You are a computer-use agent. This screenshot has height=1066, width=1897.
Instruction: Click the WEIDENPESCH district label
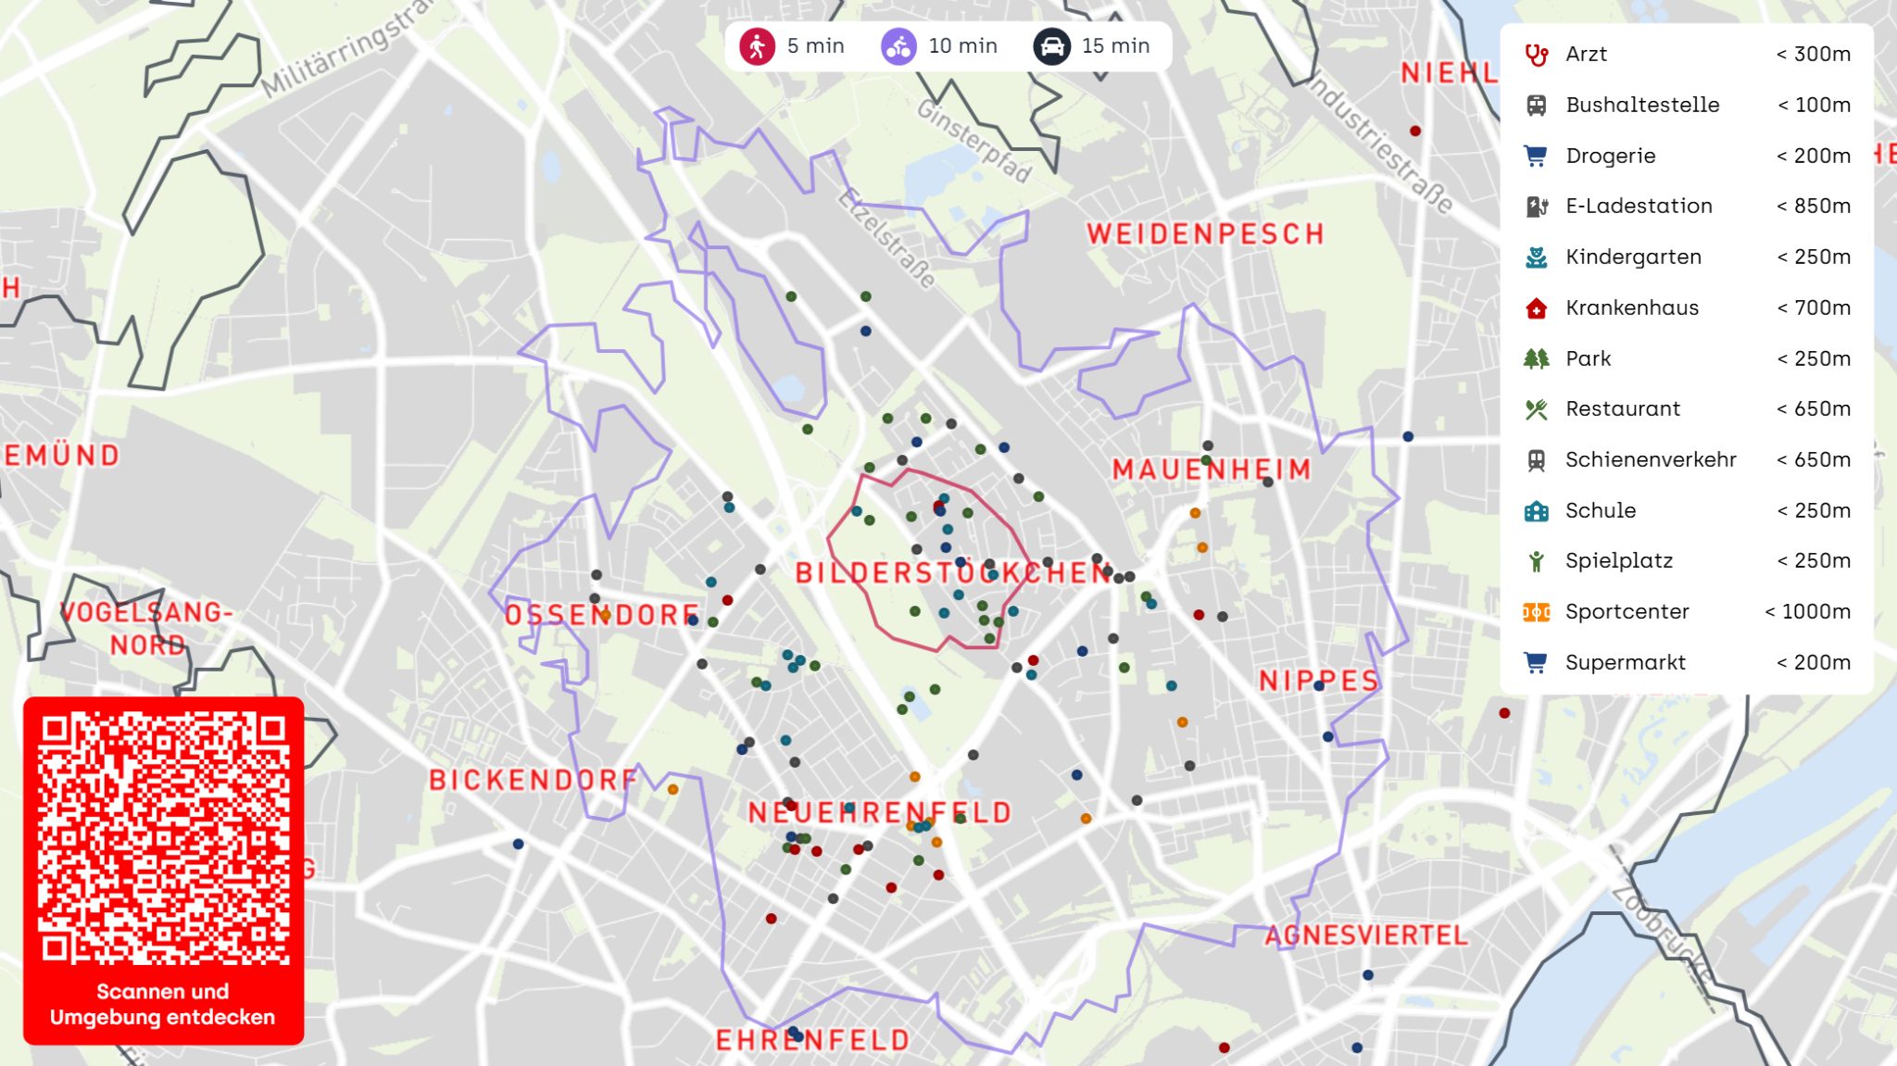[1204, 233]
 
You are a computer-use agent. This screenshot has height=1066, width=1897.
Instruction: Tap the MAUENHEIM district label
[1212, 470]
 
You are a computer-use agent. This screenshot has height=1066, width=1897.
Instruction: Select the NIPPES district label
[1319, 681]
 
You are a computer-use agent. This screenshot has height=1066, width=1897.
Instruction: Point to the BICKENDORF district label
[533, 780]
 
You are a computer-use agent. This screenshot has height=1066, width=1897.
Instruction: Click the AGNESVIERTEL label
[1366, 935]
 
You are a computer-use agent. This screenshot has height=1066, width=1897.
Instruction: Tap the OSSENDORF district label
[602, 614]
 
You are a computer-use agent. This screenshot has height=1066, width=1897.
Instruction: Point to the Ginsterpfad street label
[973, 141]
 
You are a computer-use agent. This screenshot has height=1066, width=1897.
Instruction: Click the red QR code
[163, 838]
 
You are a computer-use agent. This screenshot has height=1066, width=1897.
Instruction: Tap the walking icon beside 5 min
[757, 45]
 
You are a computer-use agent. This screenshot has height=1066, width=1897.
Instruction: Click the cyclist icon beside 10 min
[898, 45]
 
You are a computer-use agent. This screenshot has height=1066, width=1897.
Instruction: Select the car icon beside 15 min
[1052, 45]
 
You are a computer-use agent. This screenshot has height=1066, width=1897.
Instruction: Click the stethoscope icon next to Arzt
[1536, 55]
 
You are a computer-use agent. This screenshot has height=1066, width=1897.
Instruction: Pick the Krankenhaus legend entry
[1631, 307]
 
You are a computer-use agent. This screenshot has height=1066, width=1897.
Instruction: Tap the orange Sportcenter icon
[1536, 612]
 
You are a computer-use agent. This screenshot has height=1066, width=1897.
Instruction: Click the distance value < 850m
[1813, 206]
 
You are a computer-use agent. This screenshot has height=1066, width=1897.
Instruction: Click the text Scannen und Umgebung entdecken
[163, 1004]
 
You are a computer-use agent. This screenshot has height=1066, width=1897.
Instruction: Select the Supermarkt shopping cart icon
[1536, 662]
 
